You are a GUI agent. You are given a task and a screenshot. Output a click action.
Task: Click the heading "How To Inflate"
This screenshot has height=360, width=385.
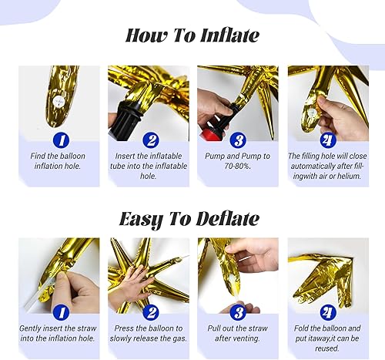(x=192, y=35)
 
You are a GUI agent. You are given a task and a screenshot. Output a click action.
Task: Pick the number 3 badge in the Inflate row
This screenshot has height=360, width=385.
(x=238, y=140)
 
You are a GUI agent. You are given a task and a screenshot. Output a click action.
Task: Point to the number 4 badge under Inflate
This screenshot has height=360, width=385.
(x=328, y=140)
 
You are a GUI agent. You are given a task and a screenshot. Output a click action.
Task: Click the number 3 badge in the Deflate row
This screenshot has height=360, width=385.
(x=238, y=312)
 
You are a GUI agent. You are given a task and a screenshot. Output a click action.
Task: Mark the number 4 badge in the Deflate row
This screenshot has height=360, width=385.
(x=328, y=312)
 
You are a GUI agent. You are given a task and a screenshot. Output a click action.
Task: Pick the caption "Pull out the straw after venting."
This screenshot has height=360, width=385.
(x=238, y=336)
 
